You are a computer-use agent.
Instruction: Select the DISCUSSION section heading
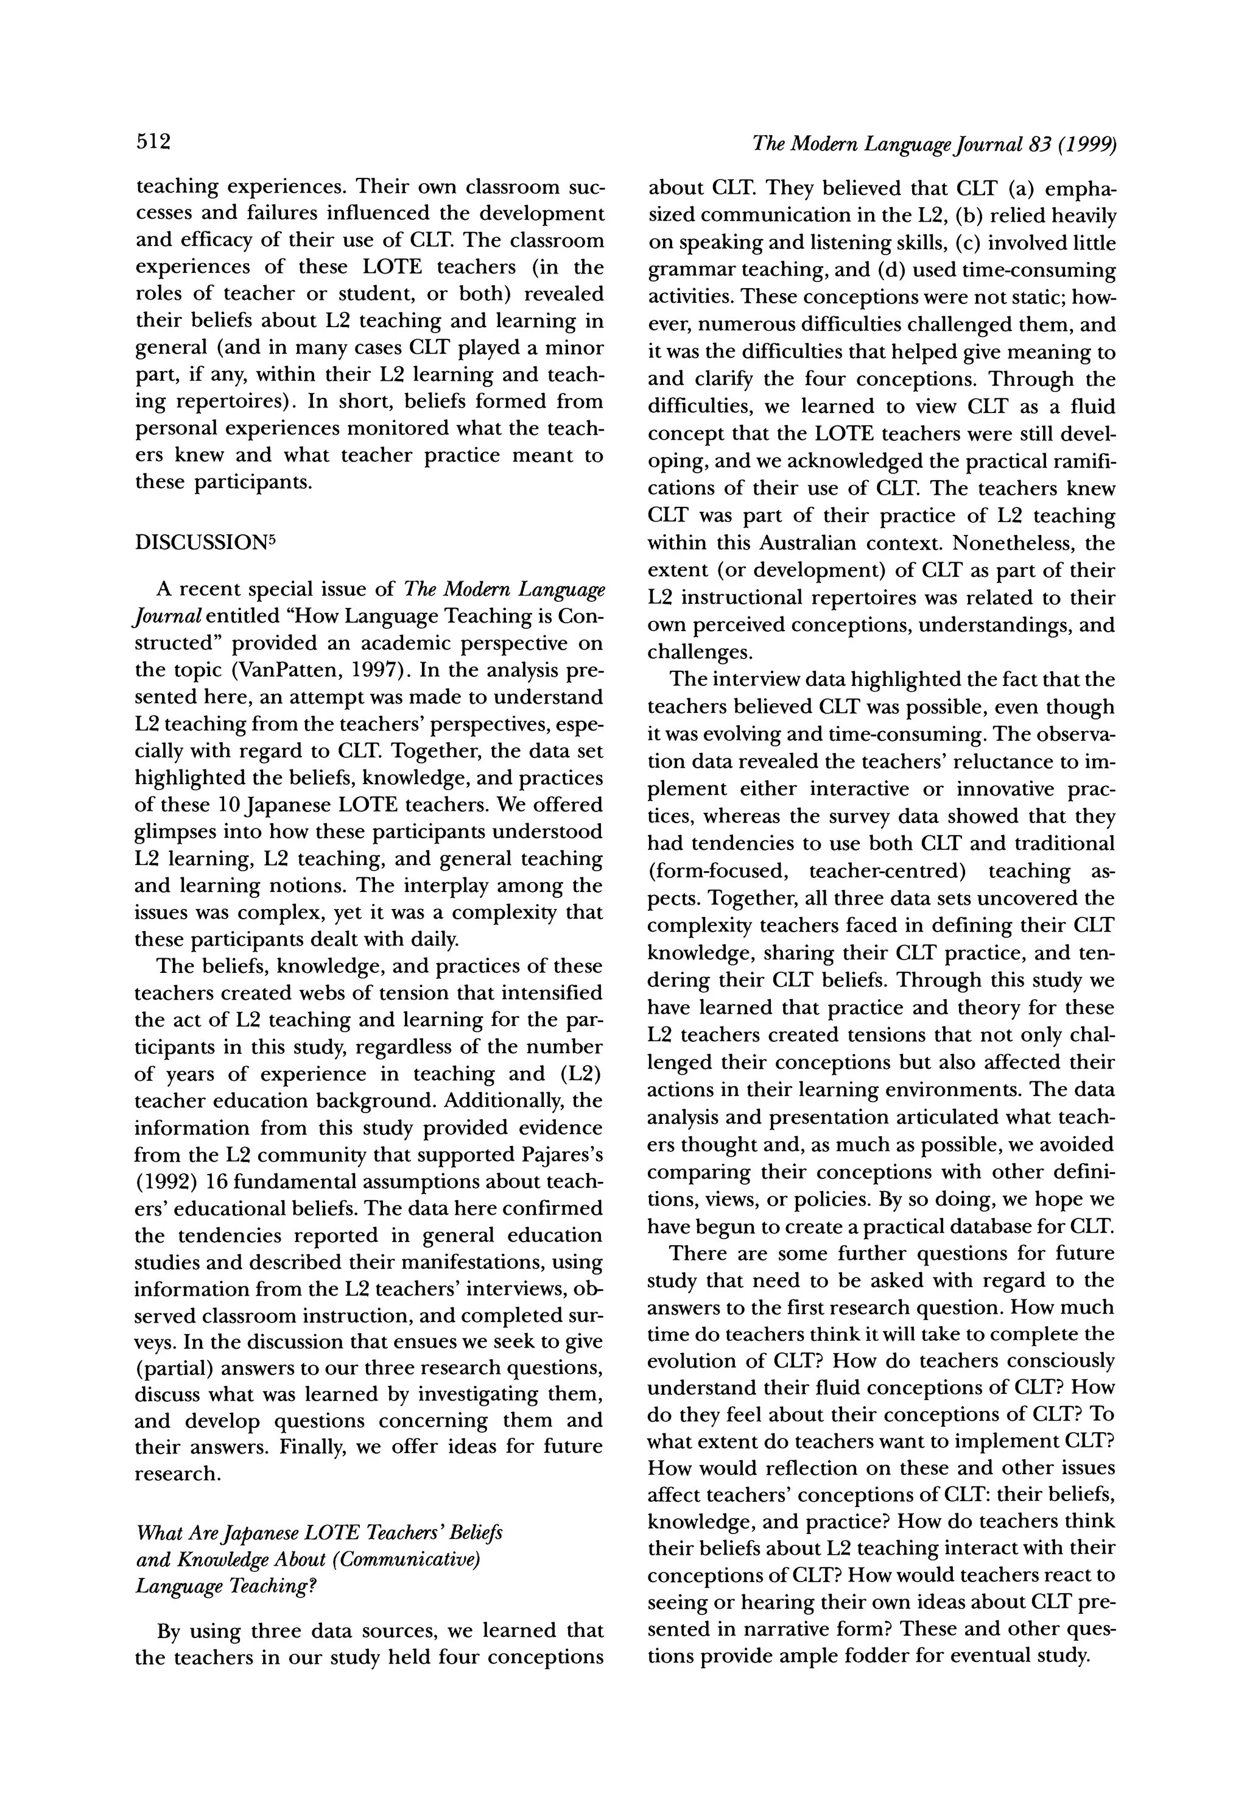pos(198,543)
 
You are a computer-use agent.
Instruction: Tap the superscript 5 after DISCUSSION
pos(265,538)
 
